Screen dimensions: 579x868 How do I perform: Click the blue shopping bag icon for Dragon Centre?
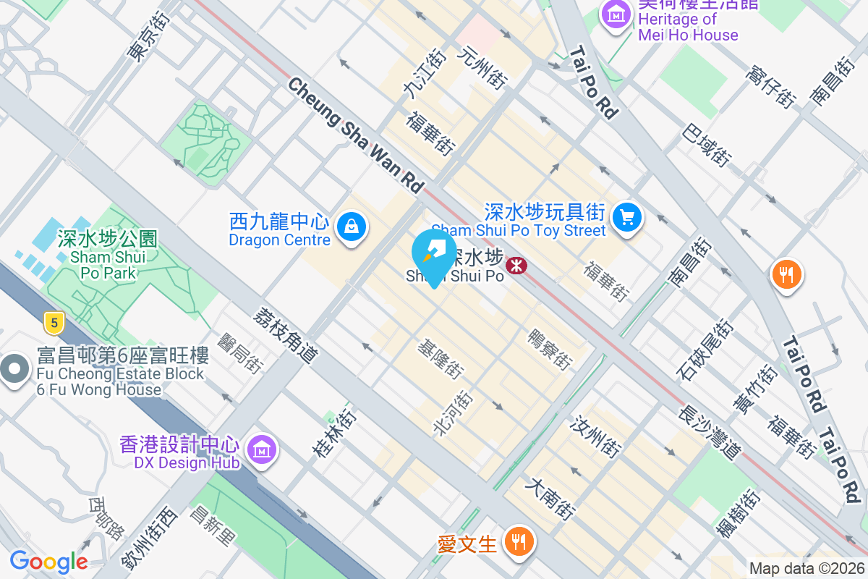click(x=351, y=227)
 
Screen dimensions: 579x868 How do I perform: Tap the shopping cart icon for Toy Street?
click(x=626, y=216)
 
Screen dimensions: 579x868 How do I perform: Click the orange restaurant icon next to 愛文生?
click(x=518, y=540)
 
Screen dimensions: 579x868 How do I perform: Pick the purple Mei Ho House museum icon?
click(x=616, y=13)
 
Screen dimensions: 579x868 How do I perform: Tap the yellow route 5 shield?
click(x=52, y=322)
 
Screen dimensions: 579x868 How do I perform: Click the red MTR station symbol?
click(x=516, y=266)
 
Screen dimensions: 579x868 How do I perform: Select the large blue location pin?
click(x=433, y=255)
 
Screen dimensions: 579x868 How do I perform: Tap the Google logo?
click(x=48, y=562)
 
